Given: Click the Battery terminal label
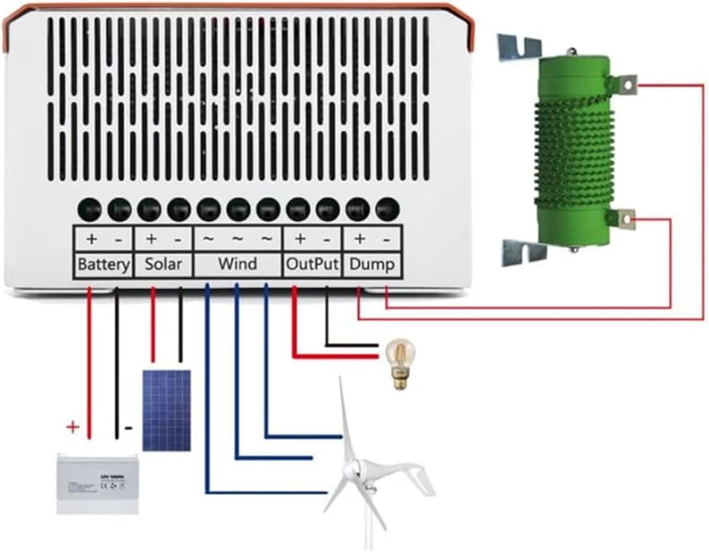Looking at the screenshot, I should click(x=103, y=264).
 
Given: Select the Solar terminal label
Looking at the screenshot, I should click(x=163, y=264).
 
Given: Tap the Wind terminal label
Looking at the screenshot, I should click(x=237, y=264).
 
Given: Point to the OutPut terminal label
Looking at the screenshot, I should click(x=312, y=264).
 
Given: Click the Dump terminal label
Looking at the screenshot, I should click(x=372, y=264).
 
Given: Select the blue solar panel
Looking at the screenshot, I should click(x=167, y=410).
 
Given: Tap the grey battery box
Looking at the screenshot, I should click(x=98, y=483).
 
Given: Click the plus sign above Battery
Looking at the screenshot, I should click(x=92, y=239).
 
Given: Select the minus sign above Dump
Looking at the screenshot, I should click(x=387, y=240).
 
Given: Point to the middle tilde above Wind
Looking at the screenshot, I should click(x=237, y=239).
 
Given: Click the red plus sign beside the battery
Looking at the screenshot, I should click(x=73, y=427).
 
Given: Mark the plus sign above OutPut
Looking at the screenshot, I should click(x=300, y=239).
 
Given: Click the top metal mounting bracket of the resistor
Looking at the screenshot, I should click(x=519, y=46).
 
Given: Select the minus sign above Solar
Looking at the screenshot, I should click(x=178, y=240).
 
